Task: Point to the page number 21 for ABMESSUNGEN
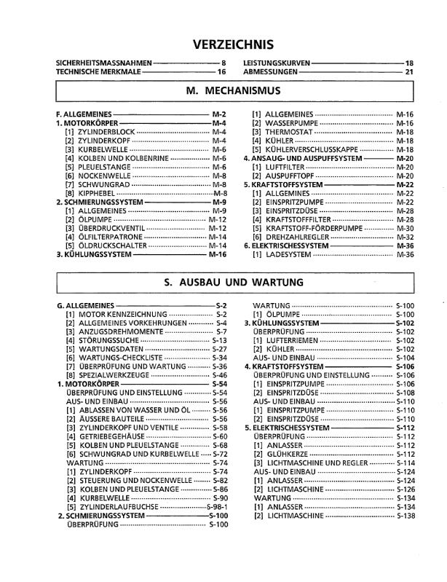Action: pyautogui.click(x=409, y=73)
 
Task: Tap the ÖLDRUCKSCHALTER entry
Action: pyautogui.click(x=111, y=245)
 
